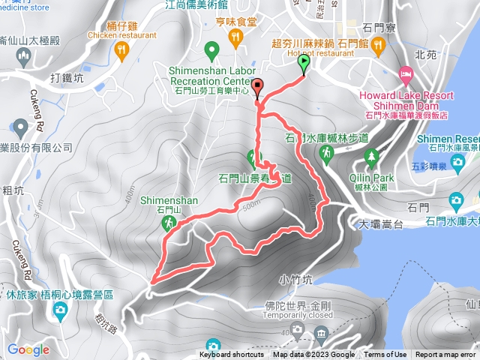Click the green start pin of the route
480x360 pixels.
304,65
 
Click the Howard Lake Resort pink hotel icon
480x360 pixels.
406,73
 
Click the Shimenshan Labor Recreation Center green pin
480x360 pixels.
211,51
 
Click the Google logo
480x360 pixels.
28,349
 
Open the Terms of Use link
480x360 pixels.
385,355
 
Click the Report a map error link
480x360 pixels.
445,355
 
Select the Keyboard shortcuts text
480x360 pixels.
232,355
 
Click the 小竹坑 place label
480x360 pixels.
294,278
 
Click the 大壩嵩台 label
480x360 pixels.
382,223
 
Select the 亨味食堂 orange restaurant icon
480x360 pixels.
236,35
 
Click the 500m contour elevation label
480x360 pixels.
252,203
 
